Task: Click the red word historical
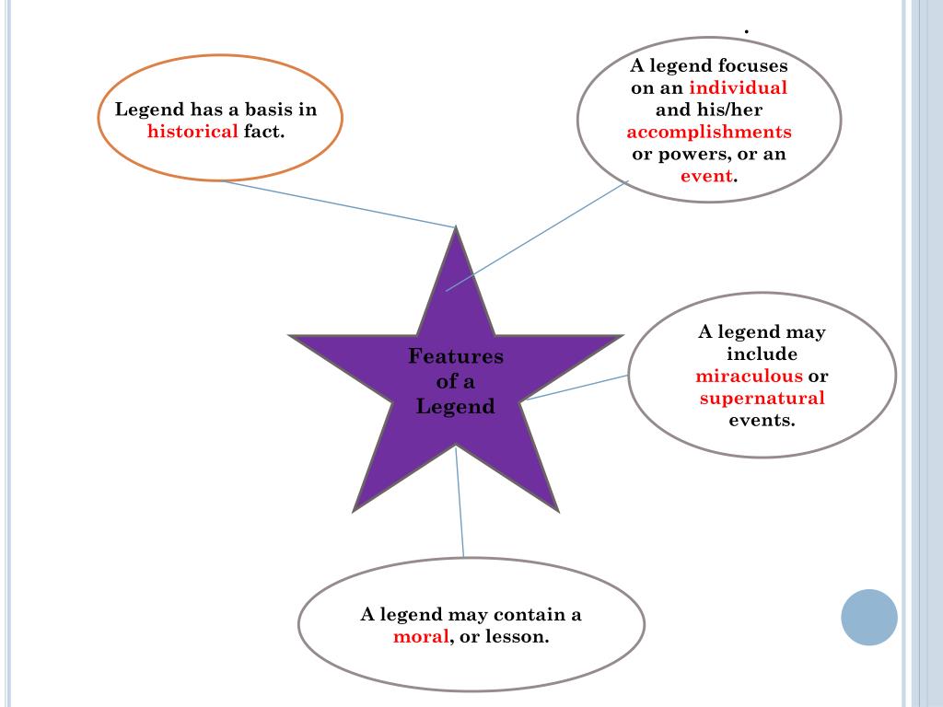(x=192, y=132)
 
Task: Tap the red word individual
(x=738, y=88)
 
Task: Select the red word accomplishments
(x=709, y=132)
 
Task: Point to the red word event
(x=706, y=176)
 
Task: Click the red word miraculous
(x=750, y=377)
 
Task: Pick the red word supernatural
(x=762, y=399)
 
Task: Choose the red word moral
(x=421, y=637)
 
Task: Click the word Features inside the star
(x=456, y=356)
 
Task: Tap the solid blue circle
(x=868, y=617)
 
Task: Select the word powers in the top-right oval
(x=689, y=154)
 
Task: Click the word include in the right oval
(x=762, y=354)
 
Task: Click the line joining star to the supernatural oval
(x=576, y=388)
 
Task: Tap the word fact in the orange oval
(x=262, y=132)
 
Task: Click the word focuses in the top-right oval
(x=753, y=66)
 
